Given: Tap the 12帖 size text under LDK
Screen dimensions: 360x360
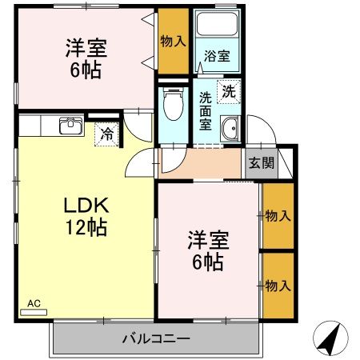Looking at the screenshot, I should tap(86, 227).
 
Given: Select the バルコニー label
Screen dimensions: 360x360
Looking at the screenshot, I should tap(156, 338).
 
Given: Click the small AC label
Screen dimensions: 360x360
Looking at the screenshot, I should tap(34, 303).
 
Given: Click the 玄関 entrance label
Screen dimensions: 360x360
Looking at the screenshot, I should tap(260, 164).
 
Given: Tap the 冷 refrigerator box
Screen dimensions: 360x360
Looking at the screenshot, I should tap(106, 134).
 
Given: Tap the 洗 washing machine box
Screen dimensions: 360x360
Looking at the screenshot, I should tap(229, 91).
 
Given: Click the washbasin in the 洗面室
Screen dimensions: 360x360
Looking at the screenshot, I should tap(230, 127).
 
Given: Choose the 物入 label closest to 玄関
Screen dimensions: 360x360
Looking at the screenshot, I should tap(277, 215).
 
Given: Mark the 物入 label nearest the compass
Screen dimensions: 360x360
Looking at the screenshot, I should tap(277, 286).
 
